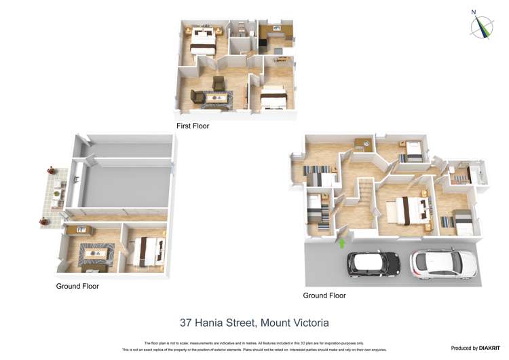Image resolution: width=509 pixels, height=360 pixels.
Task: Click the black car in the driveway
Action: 373,264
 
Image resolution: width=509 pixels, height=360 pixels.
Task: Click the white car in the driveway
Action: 443,264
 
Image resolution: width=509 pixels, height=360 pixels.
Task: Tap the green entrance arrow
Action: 342,242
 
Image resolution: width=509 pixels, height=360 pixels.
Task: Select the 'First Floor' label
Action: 193,126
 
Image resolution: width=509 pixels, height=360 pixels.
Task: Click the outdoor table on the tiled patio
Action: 57,196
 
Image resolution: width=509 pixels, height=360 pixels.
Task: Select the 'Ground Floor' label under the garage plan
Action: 77,287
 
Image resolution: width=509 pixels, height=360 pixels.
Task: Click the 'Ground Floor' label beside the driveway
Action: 324,295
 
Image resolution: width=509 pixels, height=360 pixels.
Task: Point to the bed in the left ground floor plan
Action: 148,250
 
